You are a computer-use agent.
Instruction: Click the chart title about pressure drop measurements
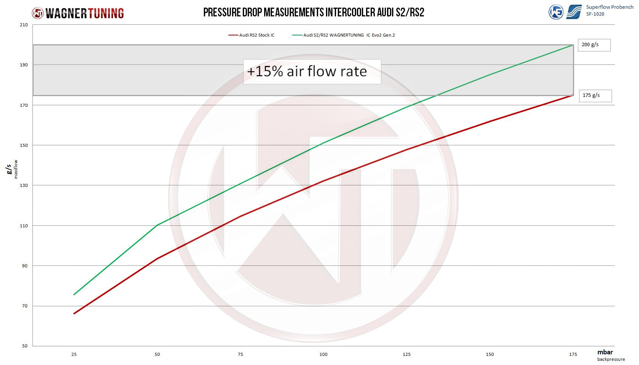[313, 12]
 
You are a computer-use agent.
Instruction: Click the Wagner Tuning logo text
[84, 13]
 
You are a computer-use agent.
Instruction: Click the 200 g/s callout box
[594, 45]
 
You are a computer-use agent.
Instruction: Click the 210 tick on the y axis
[24, 25]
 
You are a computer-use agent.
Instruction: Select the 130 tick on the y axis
[24, 185]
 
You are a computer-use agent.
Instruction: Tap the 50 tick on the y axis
[25, 346]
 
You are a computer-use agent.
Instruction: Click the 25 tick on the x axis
[74, 354]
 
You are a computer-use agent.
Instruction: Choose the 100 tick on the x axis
[323, 354]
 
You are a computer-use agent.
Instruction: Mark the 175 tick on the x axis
[573, 354]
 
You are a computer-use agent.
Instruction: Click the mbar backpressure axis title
[610, 355]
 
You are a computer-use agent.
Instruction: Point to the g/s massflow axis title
[11, 169]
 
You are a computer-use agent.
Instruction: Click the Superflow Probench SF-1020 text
[609, 10]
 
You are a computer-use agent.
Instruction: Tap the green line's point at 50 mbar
[157, 225]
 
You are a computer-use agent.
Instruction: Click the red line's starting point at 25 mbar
[74, 314]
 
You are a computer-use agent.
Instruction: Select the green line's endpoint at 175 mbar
[573, 45]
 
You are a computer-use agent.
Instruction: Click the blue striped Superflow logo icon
[574, 12]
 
